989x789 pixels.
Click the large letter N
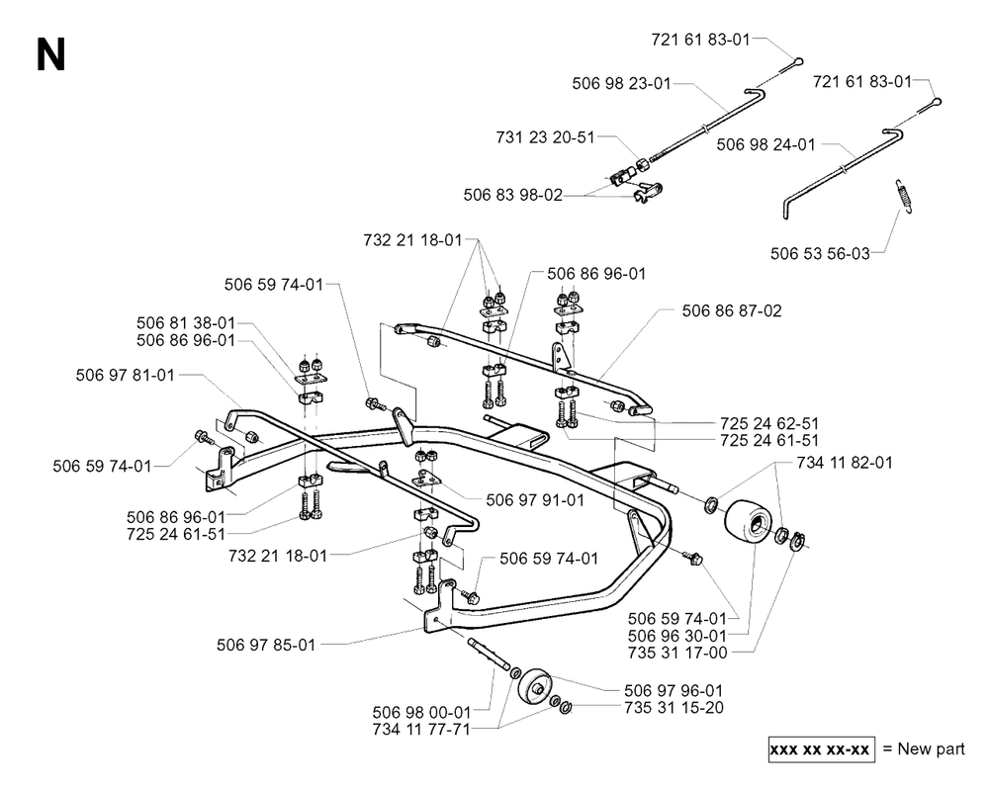click(51, 54)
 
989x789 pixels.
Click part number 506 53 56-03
click(820, 253)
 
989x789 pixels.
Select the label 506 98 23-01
click(621, 84)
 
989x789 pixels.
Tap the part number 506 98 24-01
click(765, 144)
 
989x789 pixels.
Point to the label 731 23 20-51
click(546, 137)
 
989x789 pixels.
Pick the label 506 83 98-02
click(512, 195)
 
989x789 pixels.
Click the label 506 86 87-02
click(732, 310)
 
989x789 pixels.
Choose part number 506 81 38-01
click(186, 323)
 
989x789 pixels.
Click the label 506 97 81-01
click(125, 376)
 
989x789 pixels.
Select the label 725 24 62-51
click(769, 423)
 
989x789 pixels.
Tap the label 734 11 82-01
click(845, 463)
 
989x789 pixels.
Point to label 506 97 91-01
click(535, 500)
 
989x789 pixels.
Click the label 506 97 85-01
click(265, 645)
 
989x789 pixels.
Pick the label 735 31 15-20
click(674, 708)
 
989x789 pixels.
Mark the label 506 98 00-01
click(421, 713)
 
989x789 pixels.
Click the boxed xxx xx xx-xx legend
click(821, 749)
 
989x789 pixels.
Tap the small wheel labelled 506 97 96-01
click(534, 685)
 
